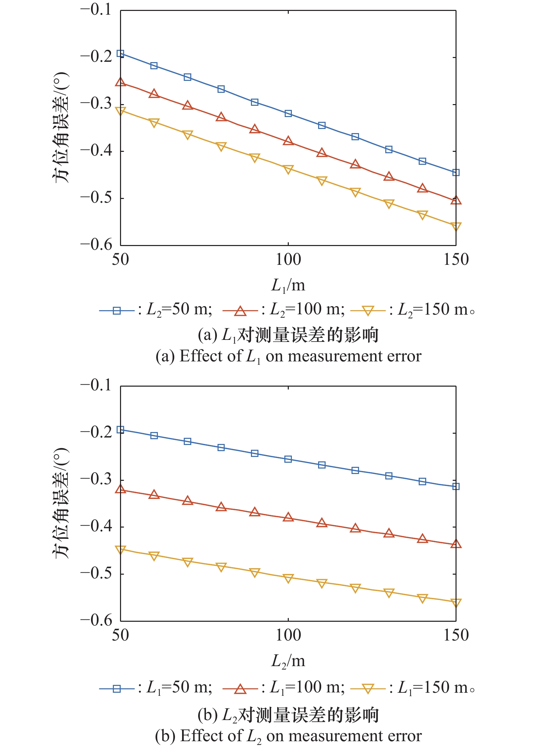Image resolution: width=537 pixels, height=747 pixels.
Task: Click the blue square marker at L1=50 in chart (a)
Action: point(120,54)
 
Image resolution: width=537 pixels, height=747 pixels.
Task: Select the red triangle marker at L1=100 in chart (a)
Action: point(288,141)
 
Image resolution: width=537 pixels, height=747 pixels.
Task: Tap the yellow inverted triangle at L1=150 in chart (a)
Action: point(456,227)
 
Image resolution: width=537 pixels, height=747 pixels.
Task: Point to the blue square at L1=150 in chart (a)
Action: point(456,173)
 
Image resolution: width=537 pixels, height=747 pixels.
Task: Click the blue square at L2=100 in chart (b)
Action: point(288,459)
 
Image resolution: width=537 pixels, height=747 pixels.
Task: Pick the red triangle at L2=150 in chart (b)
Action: point(456,544)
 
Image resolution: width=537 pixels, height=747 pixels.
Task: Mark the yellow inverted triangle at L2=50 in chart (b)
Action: point(120,550)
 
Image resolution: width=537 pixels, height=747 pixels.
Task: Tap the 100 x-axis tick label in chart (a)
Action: point(288,260)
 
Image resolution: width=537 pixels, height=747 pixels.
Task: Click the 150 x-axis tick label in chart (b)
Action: point(456,635)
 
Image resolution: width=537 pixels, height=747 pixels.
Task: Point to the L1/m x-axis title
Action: point(288,285)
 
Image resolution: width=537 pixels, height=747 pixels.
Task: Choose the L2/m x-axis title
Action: point(288,661)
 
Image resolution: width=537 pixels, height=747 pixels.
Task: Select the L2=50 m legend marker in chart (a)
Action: point(117,311)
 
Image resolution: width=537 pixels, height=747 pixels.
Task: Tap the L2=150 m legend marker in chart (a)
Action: point(368,311)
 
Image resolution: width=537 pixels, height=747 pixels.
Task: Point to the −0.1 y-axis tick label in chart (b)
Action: point(96,385)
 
